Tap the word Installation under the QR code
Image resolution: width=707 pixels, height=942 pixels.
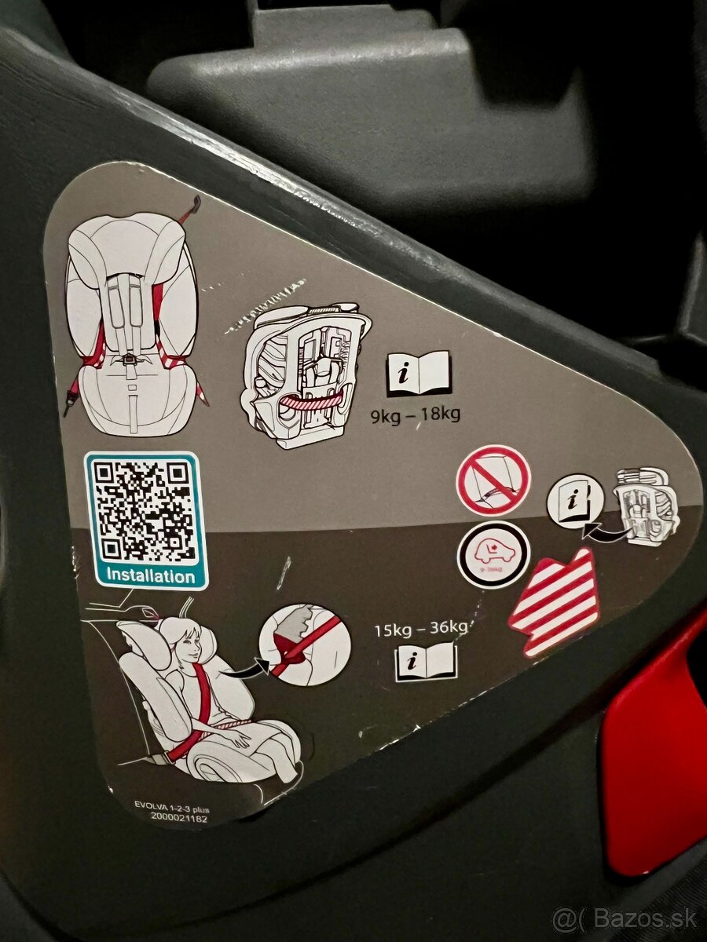point(150,575)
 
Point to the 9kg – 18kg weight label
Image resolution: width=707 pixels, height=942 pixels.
point(416,414)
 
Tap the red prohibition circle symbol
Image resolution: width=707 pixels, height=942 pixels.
point(493,480)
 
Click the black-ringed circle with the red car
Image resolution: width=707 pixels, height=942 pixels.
point(493,554)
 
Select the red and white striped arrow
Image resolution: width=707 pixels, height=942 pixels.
point(555,601)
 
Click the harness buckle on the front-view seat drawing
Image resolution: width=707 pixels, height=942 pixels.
point(129,362)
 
